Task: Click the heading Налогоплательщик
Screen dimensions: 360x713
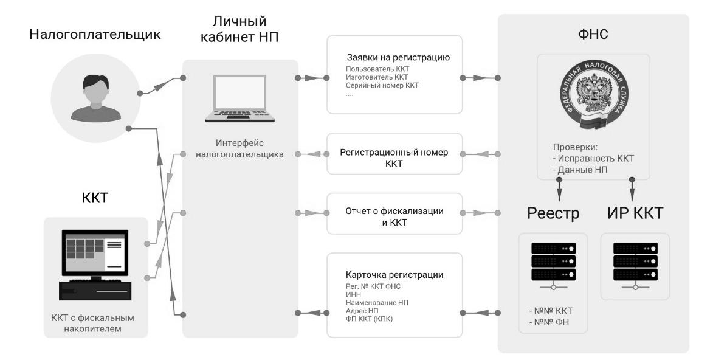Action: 95,35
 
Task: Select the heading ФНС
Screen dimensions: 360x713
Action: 593,35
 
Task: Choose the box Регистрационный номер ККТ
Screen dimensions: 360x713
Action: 394,157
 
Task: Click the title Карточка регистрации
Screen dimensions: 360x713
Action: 394,274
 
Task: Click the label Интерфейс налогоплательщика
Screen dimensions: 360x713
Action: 239,150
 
